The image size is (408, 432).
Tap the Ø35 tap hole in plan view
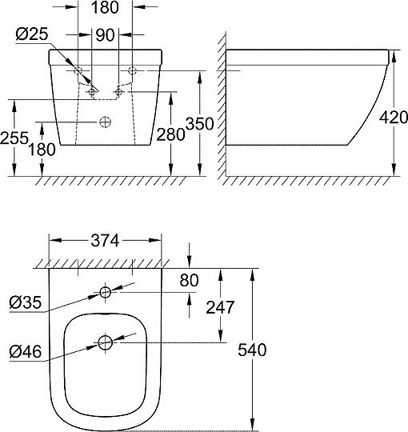click(106, 290)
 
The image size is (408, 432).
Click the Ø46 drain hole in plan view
click(106, 343)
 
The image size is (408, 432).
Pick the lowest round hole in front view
click(104, 122)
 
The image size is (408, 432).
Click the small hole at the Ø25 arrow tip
click(92, 92)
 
